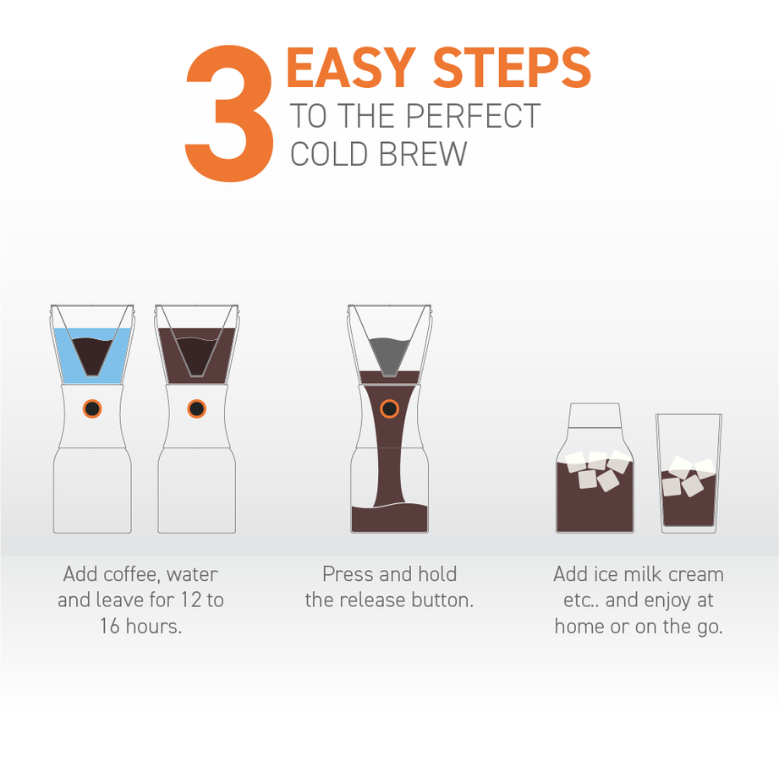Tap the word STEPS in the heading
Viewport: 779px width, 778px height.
tap(513, 68)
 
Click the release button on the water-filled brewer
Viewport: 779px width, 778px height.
tap(92, 408)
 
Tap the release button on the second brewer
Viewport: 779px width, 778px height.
tap(196, 408)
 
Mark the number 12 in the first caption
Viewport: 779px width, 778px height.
tap(191, 600)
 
